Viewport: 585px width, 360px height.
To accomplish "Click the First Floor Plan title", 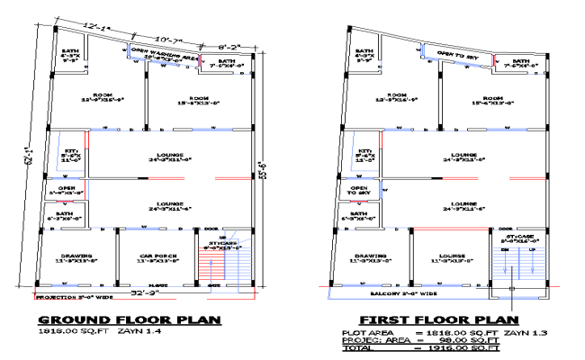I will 438,319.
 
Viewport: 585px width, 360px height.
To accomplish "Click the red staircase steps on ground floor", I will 211,269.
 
